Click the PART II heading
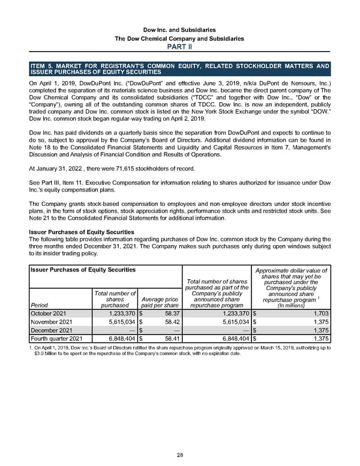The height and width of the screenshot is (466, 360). coord(179,47)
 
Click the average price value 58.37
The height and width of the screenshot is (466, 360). coord(168,313)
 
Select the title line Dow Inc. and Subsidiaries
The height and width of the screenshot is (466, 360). coord(179,29)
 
